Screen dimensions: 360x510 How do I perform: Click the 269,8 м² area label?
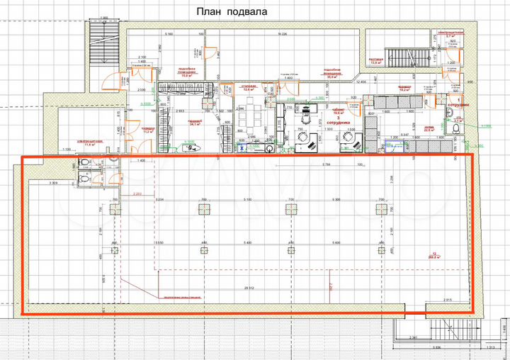tap(433, 257)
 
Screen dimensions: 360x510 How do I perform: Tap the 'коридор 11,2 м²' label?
tap(149, 130)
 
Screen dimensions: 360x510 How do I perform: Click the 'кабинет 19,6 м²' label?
tap(339, 111)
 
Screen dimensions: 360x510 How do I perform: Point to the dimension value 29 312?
tap(249, 288)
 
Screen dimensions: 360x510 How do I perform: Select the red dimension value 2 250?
tap(137, 194)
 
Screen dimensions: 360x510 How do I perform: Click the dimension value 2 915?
tap(447, 300)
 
